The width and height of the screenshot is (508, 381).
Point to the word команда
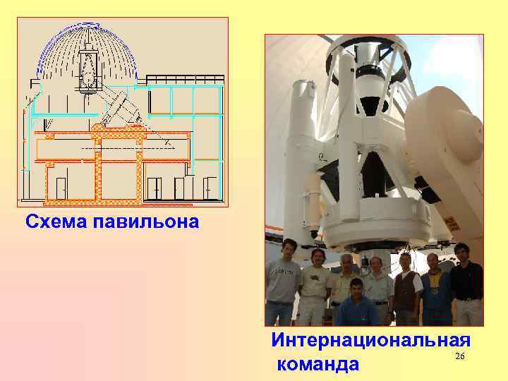click(x=318, y=364)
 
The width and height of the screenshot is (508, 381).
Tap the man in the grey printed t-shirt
click(x=283, y=282)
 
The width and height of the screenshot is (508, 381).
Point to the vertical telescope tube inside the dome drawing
click(x=89, y=67)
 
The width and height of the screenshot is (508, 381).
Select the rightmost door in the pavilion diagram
click(x=210, y=188)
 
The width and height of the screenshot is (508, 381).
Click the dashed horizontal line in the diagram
click(x=113, y=149)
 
